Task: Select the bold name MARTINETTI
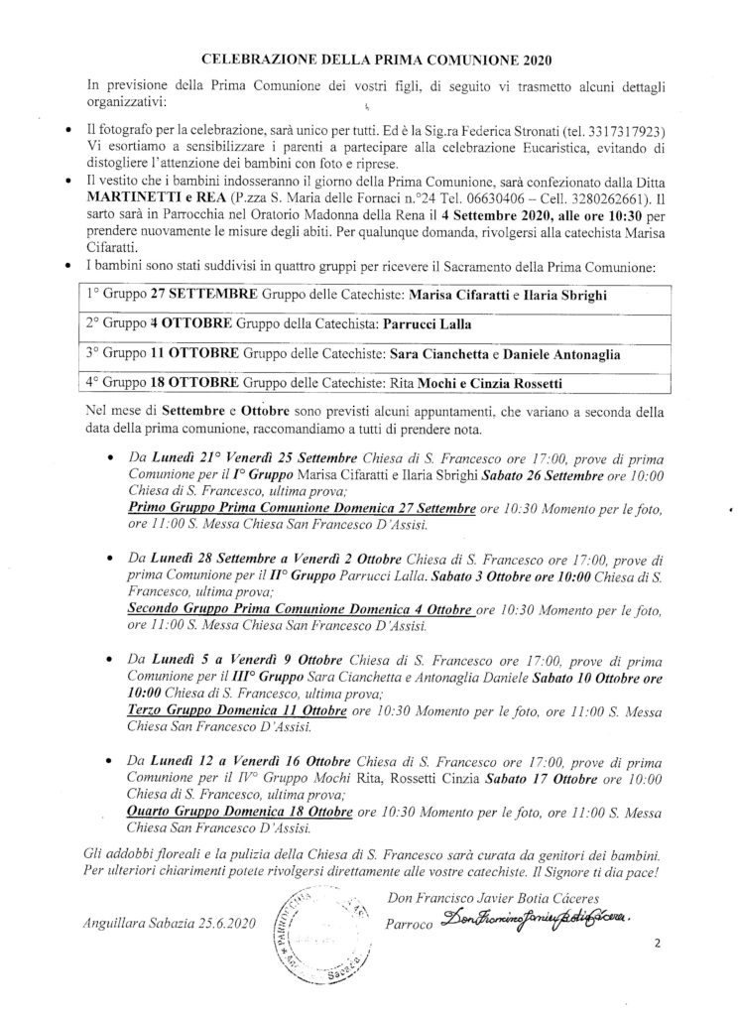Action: (123, 205)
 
